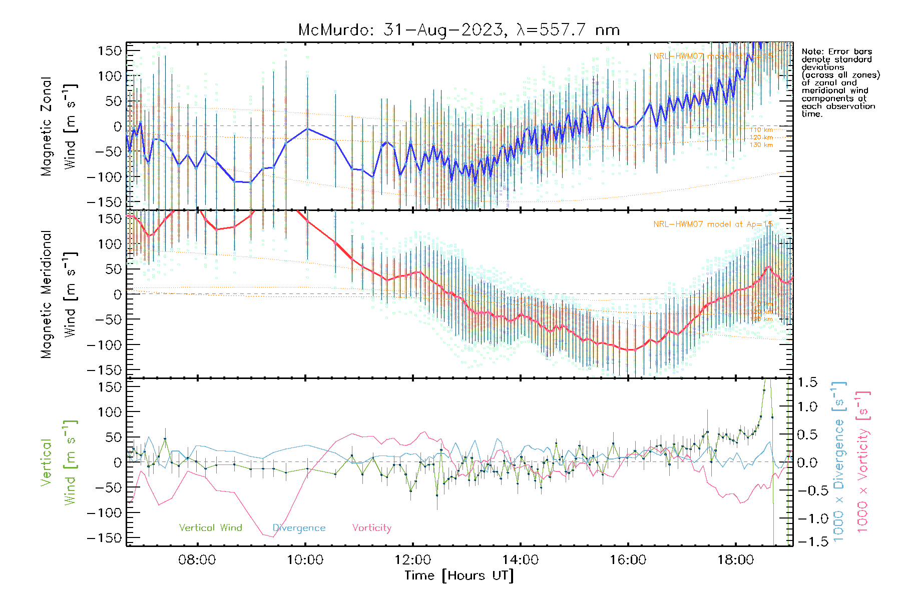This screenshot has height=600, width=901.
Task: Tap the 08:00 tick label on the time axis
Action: (x=197, y=559)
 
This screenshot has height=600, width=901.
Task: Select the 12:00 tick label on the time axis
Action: (x=412, y=559)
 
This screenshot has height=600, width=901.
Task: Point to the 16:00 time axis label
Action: (x=628, y=559)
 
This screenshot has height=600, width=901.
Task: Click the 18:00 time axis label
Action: (x=735, y=559)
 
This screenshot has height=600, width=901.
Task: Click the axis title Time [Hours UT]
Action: (x=459, y=575)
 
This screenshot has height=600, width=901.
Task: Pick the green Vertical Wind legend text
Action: (x=210, y=527)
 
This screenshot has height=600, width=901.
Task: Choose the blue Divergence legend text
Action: (x=299, y=527)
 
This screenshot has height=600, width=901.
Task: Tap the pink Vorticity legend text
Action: (x=371, y=527)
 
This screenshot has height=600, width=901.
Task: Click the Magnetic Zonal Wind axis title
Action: (x=58, y=126)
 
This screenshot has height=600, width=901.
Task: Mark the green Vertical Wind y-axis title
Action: (x=58, y=462)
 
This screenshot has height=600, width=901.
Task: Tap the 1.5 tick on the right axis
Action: (x=807, y=382)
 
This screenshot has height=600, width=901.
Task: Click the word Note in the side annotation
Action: (x=812, y=51)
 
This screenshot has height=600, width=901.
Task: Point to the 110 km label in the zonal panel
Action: (x=761, y=130)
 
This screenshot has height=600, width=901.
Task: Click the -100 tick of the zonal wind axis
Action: (x=104, y=177)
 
